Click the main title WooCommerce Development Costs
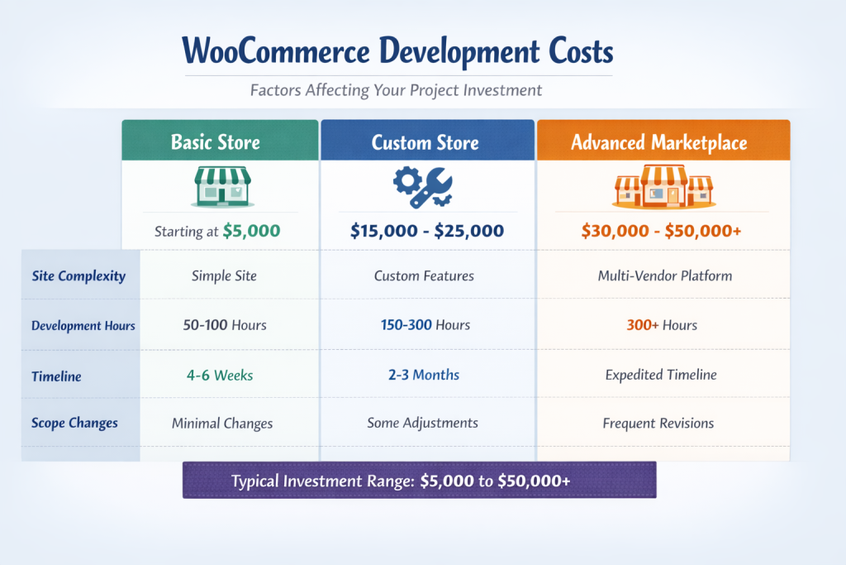397,51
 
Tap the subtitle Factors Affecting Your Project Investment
397,89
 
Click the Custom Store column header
425,142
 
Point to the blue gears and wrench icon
422,186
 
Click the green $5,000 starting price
251,231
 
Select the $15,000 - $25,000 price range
426,231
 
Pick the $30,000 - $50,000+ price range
661,231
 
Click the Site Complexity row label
78,275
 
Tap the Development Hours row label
83,325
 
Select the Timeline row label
56,376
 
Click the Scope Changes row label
74,423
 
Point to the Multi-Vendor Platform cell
664,275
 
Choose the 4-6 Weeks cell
219,375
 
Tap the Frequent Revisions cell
658,423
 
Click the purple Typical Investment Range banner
419,480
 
